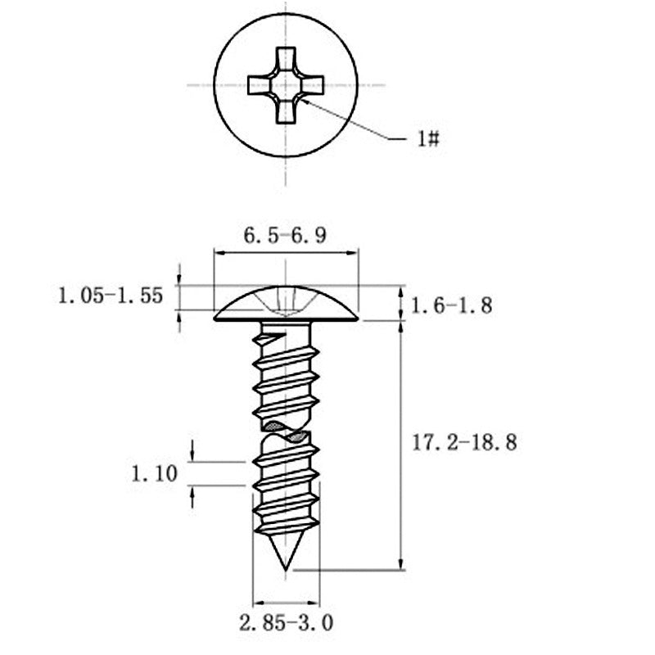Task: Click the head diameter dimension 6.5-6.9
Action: [285, 235]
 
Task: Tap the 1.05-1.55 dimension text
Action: [111, 296]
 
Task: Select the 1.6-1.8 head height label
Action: [452, 305]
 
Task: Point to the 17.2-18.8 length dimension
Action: [464, 442]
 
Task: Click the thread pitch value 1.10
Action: [155, 474]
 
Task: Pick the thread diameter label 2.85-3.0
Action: [286, 623]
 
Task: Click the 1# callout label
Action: [428, 138]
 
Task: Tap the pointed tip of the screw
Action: [286, 569]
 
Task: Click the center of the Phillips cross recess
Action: [286, 86]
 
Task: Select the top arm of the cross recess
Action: [286, 58]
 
